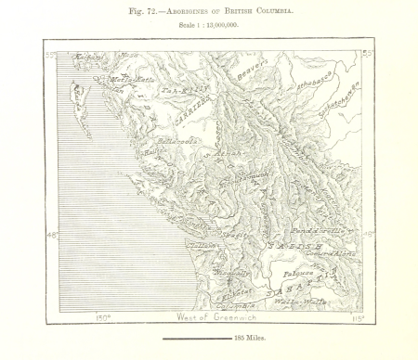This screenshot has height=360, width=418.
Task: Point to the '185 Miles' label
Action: point(251,339)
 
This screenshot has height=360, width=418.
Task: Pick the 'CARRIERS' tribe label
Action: point(195,112)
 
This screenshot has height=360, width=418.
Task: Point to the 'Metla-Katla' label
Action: point(130,81)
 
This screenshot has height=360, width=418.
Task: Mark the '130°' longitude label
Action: point(102,318)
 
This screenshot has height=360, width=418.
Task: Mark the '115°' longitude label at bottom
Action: point(356,318)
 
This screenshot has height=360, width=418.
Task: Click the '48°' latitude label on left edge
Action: point(52,235)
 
